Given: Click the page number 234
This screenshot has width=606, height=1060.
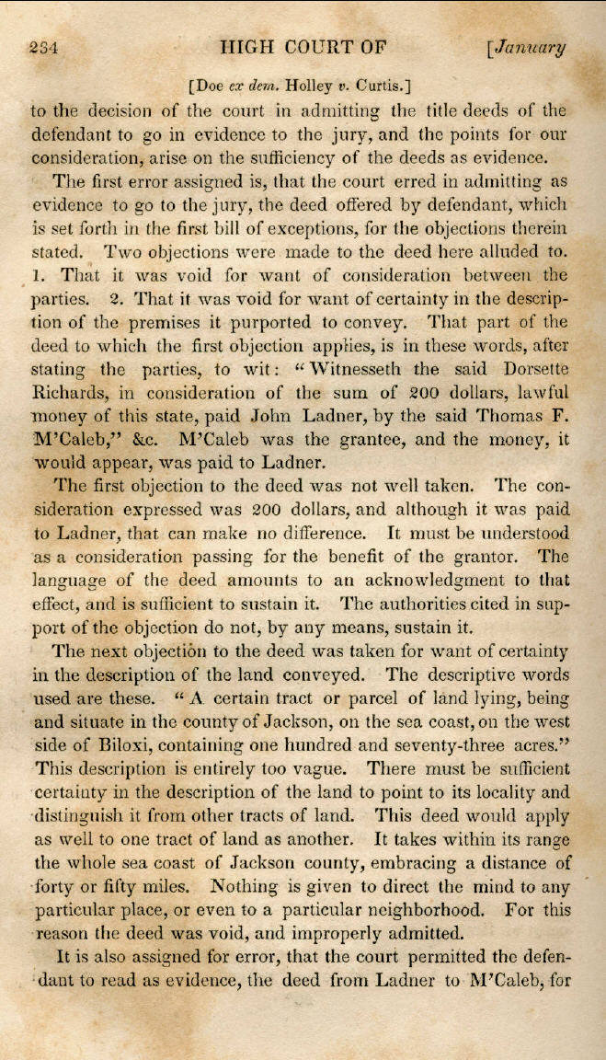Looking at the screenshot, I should point(44,50).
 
